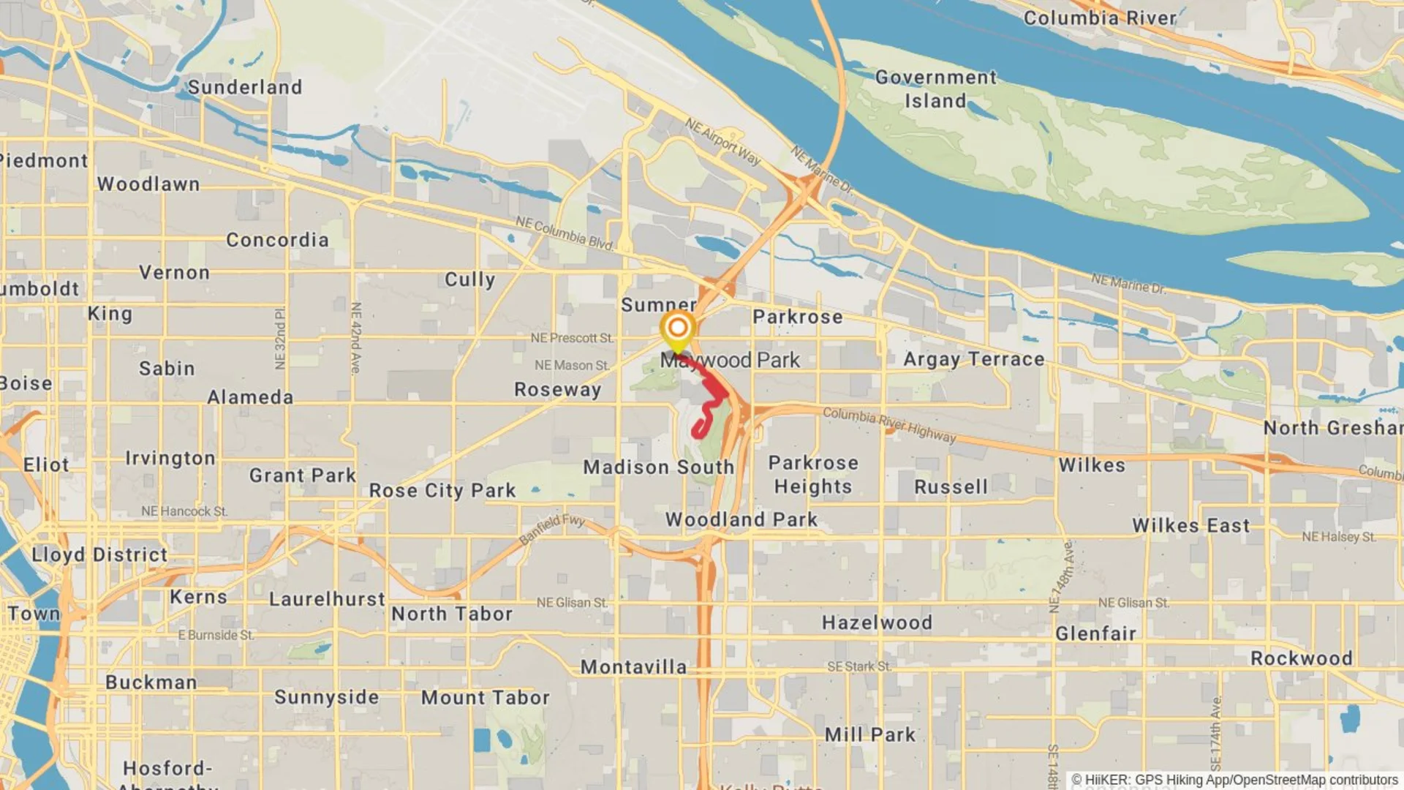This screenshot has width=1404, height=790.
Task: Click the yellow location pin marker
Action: click(x=677, y=328)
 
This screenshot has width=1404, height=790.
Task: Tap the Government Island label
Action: click(x=935, y=89)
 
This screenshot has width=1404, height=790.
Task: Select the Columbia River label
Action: click(x=1100, y=18)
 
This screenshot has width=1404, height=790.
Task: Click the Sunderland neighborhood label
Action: click(x=244, y=87)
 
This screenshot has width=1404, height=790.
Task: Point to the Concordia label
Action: click(x=277, y=240)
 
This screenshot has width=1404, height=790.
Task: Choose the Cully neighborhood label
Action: click(x=469, y=279)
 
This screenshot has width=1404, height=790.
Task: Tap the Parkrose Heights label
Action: click(x=813, y=475)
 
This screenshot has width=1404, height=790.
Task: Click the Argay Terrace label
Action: click(x=973, y=359)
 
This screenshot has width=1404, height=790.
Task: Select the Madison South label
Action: click(x=658, y=467)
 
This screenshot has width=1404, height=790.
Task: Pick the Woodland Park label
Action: click(x=741, y=519)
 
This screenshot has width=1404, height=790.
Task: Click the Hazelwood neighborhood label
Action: click(x=877, y=622)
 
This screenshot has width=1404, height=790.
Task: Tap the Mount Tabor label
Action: click(x=485, y=698)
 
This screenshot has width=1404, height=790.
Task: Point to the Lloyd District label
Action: click(x=99, y=554)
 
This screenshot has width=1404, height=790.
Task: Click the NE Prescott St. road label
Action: click(x=572, y=338)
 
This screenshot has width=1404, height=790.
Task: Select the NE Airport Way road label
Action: click(x=722, y=141)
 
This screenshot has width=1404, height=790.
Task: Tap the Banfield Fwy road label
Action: click(x=552, y=530)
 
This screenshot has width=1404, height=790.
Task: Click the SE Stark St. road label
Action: click(x=859, y=666)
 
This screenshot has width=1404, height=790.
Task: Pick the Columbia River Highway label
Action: click(x=889, y=424)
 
